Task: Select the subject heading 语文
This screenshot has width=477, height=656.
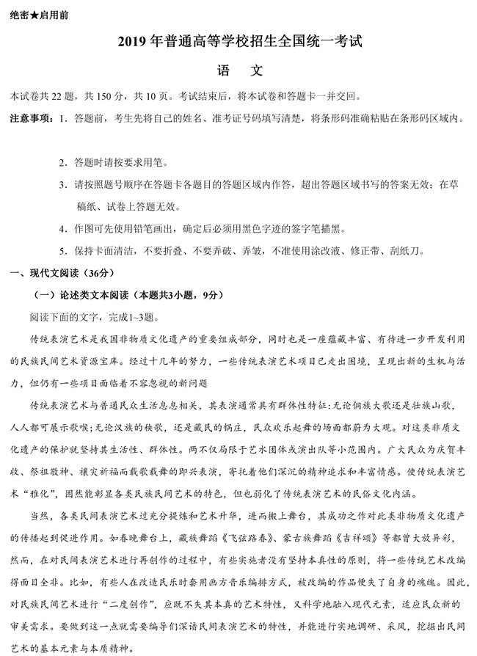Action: (x=238, y=72)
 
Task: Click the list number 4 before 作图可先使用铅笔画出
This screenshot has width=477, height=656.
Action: (x=64, y=228)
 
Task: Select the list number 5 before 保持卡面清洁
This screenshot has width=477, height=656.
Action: (x=64, y=250)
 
